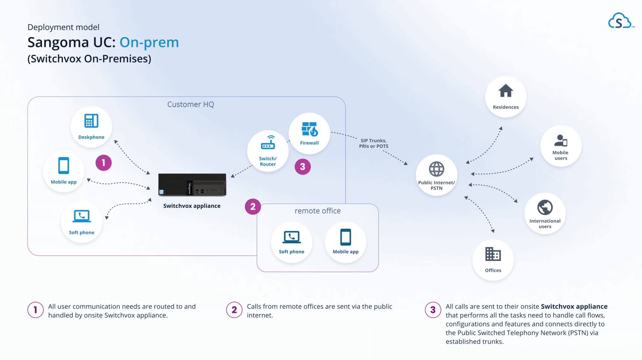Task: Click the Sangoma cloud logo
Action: point(619,21)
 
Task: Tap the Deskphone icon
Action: point(91,121)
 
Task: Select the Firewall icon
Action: point(309,129)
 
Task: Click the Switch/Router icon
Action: point(268,143)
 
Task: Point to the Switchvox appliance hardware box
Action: point(192,185)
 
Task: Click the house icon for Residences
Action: point(506,91)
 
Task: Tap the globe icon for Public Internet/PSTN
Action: point(436,169)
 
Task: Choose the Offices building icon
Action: point(493,254)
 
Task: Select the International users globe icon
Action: point(545,207)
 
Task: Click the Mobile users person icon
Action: point(560,140)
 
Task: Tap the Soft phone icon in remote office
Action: point(292,237)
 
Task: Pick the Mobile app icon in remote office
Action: point(345,237)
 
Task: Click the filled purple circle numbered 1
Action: point(103,163)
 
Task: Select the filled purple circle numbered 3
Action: point(303,167)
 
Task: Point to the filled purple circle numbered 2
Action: point(253,207)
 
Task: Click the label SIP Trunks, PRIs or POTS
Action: point(373,143)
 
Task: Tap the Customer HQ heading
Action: point(191,104)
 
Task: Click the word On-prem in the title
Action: point(149,42)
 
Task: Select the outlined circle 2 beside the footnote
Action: point(234,310)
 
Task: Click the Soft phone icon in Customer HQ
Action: point(82,216)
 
